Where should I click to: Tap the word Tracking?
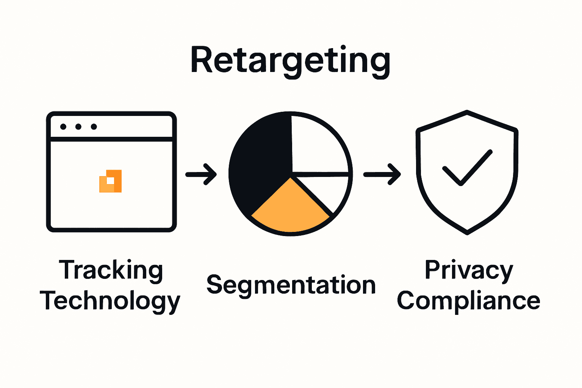pyautogui.click(x=111, y=271)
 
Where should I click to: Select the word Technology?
pyautogui.click(x=110, y=301)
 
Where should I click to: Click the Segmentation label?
pyautogui.click(x=291, y=285)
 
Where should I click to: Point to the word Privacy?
pyautogui.click(x=469, y=271)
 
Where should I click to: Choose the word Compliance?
pyautogui.click(x=468, y=301)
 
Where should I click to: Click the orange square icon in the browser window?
pyautogui.click(x=111, y=181)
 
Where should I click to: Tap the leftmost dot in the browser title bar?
pyautogui.click(x=63, y=127)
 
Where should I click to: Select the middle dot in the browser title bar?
pyautogui.click(x=78, y=127)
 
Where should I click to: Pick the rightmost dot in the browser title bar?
pyautogui.click(x=94, y=127)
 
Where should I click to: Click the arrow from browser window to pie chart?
pyautogui.click(x=201, y=174)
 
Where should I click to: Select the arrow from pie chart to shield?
pyautogui.click(x=382, y=174)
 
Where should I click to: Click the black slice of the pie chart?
pyautogui.click(x=261, y=159)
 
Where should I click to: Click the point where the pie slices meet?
pyautogui.click(x=291, y=175)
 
